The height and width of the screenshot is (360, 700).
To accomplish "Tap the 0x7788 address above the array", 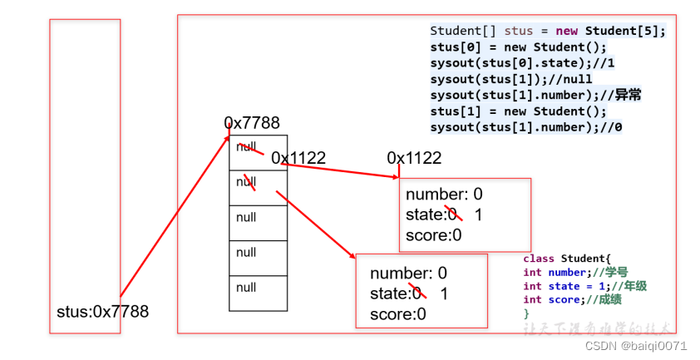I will (x=252, y=123).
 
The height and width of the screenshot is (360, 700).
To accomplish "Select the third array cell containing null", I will (x=258, y=218).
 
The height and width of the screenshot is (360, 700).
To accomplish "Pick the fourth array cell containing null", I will (x=258, y=253).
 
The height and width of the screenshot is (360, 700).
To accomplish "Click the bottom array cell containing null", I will (x=258, y=288).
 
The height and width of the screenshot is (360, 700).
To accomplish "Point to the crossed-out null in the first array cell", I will (x=247, y=147).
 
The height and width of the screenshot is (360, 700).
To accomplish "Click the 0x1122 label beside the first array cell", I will (x=298, y=158).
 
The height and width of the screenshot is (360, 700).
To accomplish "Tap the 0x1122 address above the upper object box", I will (x=414, y=158).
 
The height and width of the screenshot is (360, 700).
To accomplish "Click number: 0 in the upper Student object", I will (x=443, y=195).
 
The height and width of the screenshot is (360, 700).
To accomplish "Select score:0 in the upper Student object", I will (x=433, y=235).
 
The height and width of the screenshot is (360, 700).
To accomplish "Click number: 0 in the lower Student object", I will (x=408, y=274).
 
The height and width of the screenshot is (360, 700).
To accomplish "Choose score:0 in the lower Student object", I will (x=398, y=313).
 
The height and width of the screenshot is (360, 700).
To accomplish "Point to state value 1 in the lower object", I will (x=444, y=293).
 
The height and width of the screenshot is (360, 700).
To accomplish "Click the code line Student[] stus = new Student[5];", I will (x=548, y=31).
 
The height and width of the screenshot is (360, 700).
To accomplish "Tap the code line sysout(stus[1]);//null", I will (x=511, y=79).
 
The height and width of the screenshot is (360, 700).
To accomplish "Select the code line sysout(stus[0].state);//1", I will (x=522, y=62).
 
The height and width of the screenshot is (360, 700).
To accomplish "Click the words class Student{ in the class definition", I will (x=567, y=259).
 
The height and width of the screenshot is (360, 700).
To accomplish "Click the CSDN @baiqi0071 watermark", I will (x=636, y=346).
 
